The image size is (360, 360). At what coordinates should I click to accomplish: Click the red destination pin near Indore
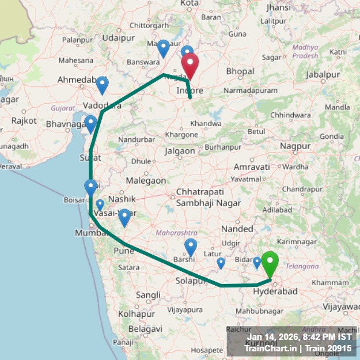click(190, 65)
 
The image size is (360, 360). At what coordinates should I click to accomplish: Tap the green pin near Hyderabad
click(270, 264)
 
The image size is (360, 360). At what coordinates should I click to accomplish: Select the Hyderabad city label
click(275, 292)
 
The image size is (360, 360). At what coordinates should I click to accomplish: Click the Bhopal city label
click(240, 71)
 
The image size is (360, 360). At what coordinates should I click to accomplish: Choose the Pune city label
click(124, 251)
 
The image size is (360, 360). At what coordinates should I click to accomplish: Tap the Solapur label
click(191, 281)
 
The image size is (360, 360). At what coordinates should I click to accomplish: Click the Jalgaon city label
click(180, 151)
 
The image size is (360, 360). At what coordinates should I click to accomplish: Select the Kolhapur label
click(136, 314)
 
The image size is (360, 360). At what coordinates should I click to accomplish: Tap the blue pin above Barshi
click(191, 246)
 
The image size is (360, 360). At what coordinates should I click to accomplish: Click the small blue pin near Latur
click(221, 263)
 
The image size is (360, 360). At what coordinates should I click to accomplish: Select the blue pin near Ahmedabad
click(102, 84)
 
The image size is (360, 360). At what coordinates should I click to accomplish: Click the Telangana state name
click(302, 266)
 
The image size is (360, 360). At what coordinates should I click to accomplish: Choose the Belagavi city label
click(143, 328)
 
